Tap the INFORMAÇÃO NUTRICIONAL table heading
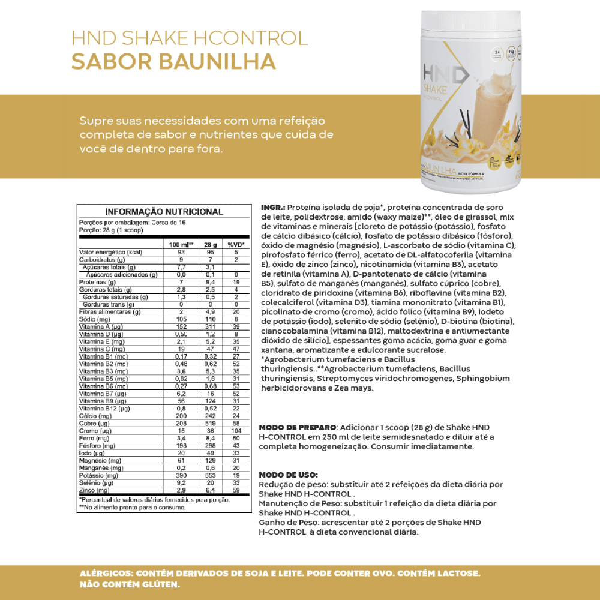pyautogui.click(x=164, y=212)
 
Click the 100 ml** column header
pyautogui.click(x=180, y=245)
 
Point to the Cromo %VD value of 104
pyautogui.click(x=236, y=430)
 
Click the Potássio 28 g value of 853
pyautogui.click(x=210, y=475)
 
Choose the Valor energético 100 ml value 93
pyautogui.click(x=180, y=252)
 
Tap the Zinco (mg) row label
pyautogui.click(x=94, y=490)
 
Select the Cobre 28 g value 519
pyautogui.click(x=210, y=423)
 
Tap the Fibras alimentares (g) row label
pyautogui.click(x=110, y=311)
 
